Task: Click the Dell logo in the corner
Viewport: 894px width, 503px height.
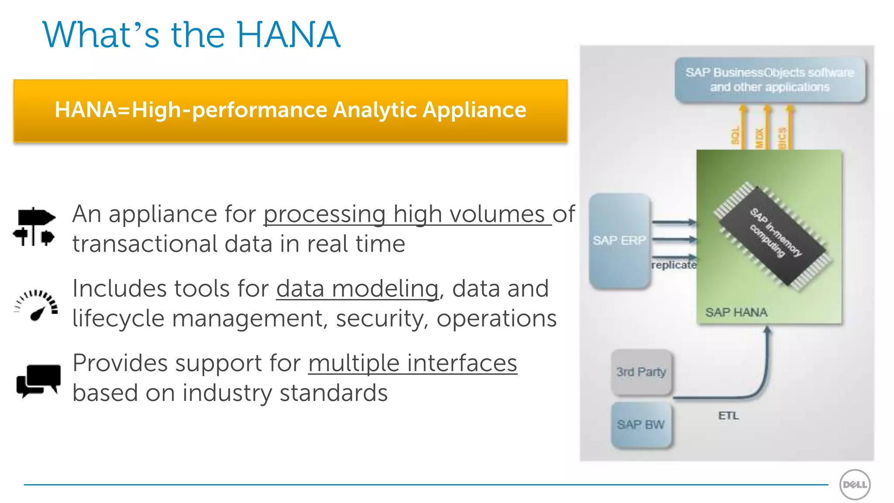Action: coord(855,485)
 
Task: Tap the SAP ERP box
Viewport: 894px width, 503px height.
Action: coord(619,241)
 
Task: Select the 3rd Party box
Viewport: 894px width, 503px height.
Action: coord(641,372)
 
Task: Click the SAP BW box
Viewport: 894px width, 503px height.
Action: coord(641,425)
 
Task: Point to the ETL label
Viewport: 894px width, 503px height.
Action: coord(729,416)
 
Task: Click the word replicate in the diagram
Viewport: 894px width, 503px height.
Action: coord(674,265)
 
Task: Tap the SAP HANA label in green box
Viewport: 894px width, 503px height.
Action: coord(736,313)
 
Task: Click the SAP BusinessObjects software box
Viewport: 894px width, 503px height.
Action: coord(770,80)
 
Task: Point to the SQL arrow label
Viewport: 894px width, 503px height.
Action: coord(735,136)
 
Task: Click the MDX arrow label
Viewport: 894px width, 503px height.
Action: coord(759,138)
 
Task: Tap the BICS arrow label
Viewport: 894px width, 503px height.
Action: coord(782,138)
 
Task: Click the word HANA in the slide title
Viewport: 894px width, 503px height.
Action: coord(288,35)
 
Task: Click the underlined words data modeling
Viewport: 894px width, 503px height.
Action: coord(357,289)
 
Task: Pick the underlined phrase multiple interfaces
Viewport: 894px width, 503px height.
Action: coord(413,363)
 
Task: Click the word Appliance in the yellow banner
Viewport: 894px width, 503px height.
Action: coord(474,110)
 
